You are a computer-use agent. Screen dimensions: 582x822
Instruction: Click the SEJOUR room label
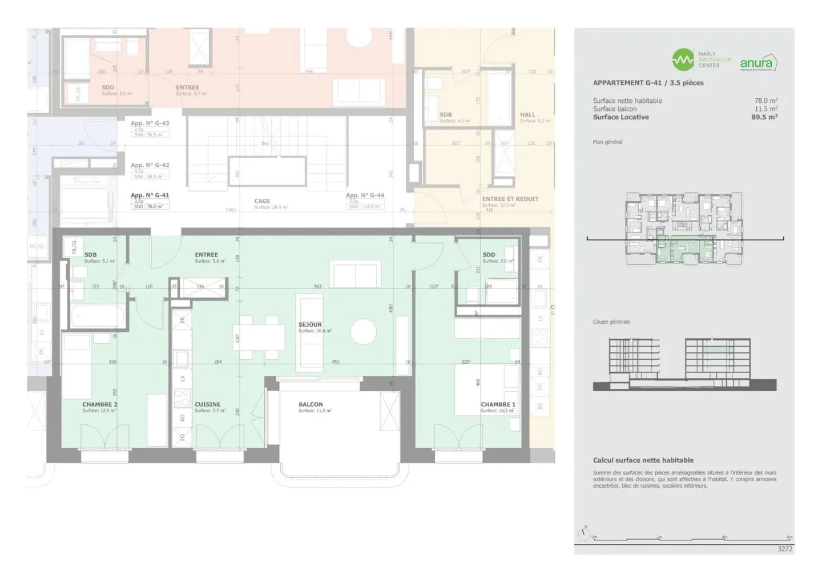pyautogui.click(x=310, y=324)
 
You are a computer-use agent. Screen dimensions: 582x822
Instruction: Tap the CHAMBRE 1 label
pyautogui.click(x=498, y=404)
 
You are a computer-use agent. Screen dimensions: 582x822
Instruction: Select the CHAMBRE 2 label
pyautogui.click(x=99, y=404)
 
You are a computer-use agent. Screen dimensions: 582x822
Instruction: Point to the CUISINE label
pyautogui.click(x=207, y=404)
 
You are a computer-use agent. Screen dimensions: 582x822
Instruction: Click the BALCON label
pyautogui.click(x=311, y=404)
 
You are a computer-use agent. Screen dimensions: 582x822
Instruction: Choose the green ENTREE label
pyautogui.click(x=206, y=255)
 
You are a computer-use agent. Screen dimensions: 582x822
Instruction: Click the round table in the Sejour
pyautogui.click(x=364, y=331)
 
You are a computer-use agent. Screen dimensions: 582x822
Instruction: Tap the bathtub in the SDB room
pyautogui.click(x=97, y=316)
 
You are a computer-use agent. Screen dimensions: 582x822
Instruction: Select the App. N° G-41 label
pyautogui.click(x=150, y=195)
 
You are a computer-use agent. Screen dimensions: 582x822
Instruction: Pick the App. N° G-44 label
pyautogui.click(x=365, y=195)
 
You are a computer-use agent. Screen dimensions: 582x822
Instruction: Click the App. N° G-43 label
pyautogui.click(x=150, y=123)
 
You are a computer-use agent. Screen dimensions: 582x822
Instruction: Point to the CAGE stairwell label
pyautogui.click(x=262, y=201)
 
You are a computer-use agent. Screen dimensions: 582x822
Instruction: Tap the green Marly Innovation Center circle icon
pyautogui.click(x=683, y=60)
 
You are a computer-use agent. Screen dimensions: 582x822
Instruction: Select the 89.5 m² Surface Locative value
pyautogui.click(x=764, y=117)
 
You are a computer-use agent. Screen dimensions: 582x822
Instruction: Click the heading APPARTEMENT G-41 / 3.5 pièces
pyautogui.click(x=648, y=83)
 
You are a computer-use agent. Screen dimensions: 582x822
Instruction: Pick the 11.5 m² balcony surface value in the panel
pyautogui.click(x=765, y=109)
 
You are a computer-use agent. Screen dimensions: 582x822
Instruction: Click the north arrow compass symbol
pyautogui.click(x=583, y=534)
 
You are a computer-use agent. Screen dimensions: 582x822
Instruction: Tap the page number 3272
pyautogui.click(x=785, y=549)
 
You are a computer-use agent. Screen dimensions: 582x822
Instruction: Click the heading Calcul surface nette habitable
pyautogui.click(x=643, y=460)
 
